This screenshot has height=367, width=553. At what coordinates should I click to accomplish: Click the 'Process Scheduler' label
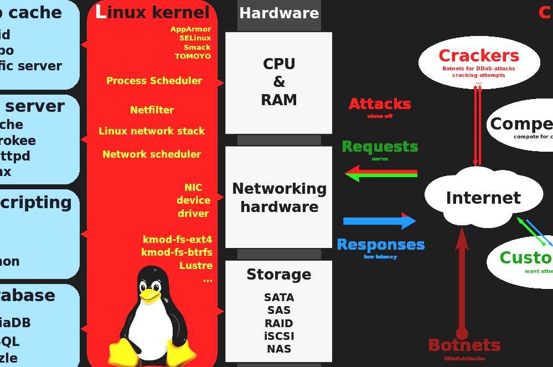tap(154, 81)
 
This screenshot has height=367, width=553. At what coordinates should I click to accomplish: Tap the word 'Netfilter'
tap(152, 110)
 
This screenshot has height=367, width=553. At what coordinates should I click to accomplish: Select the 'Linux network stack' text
tap(152, 131)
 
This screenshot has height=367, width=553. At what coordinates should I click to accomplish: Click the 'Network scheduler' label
tap(152, 154)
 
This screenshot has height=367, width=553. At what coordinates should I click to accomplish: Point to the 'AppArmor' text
tap(190, 29)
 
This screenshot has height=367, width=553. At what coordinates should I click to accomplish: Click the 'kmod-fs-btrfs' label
tap(177, 252)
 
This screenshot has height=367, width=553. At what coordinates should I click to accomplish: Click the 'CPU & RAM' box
tap(278, 82)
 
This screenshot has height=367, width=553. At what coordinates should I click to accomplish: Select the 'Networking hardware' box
tap(278, 197)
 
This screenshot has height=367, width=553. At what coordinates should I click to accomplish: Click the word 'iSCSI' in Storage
tap(279, 336)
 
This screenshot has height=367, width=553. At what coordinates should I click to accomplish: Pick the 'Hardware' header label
tap(279, 13)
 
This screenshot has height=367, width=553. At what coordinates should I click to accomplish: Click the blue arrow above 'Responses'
tap(379, 221)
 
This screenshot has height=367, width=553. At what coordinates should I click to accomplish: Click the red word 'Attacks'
tap(380, 104)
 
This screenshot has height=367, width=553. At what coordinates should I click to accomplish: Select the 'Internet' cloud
tap(483, 198)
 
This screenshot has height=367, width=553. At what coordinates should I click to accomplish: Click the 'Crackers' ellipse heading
tap(479, 56)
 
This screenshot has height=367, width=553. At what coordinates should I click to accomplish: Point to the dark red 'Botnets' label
tap(464, 345)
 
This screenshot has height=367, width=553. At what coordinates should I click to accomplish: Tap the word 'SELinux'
tap(195, 38)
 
